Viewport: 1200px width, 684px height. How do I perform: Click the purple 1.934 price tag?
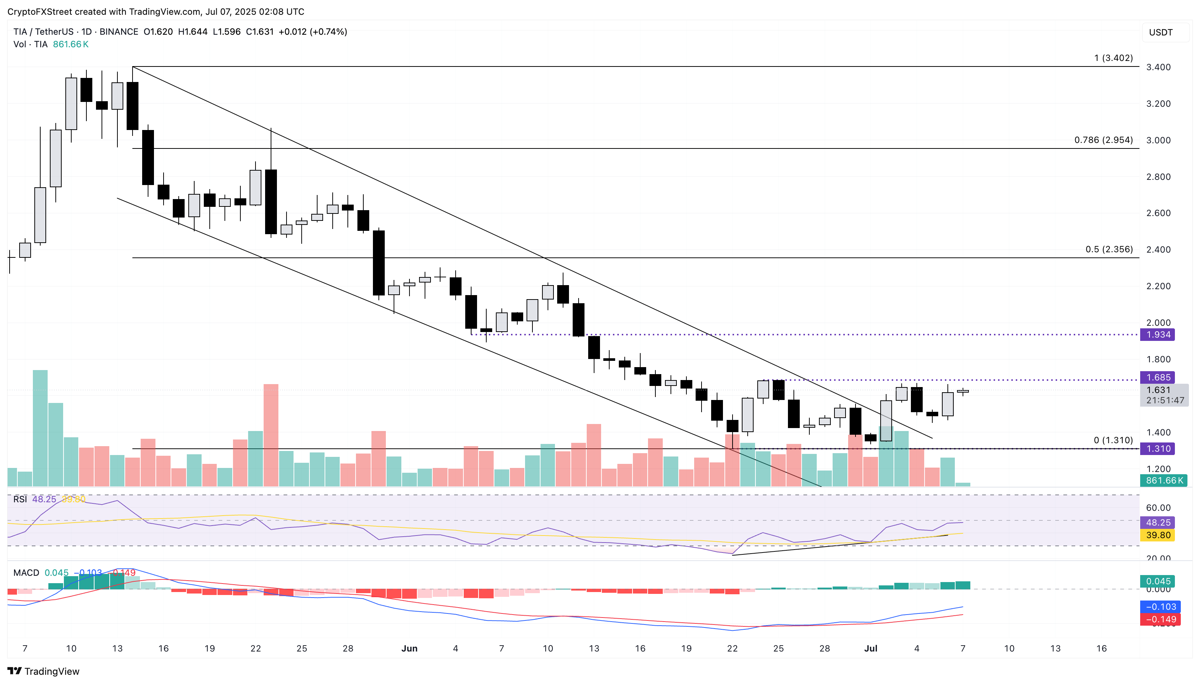(x=1158, y=335)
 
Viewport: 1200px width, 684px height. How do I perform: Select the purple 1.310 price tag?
(x=1158, y=449)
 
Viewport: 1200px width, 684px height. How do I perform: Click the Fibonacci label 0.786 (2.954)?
(x=1103, y=140)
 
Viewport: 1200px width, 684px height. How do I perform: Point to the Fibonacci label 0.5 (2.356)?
(x=1109, y=249)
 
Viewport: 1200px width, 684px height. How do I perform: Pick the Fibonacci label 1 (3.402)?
(x=1113, y=58)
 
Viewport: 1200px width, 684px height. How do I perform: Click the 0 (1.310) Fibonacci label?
(x=1112, y=440)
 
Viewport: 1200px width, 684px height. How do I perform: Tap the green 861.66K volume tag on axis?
(x=1163, y=480)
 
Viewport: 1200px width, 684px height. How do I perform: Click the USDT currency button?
(x=1160, y=33)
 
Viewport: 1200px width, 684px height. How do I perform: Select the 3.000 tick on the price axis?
(x=1158, y=140)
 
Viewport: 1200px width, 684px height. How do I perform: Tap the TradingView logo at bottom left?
(x=43, y=671)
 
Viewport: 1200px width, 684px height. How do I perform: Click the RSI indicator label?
(x=20, y=499)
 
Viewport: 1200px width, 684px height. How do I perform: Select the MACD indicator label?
(x=26, y=573)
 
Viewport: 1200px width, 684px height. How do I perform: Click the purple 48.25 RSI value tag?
(x=1158, y=522)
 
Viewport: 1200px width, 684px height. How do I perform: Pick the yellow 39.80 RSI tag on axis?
(x=1158, y=535)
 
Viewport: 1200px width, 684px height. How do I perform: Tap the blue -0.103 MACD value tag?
(x=1160, y=607)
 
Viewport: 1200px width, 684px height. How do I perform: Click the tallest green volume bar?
(x=40, y=428)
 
